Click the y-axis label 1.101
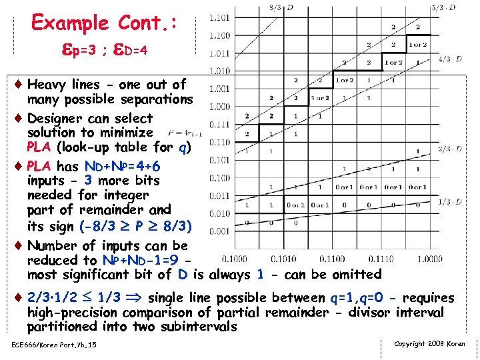click(219, 17)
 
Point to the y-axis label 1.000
click(219, 106)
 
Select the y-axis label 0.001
click(219, 231)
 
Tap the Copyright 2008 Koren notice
click(429, 344)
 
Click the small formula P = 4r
click(177, 133)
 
